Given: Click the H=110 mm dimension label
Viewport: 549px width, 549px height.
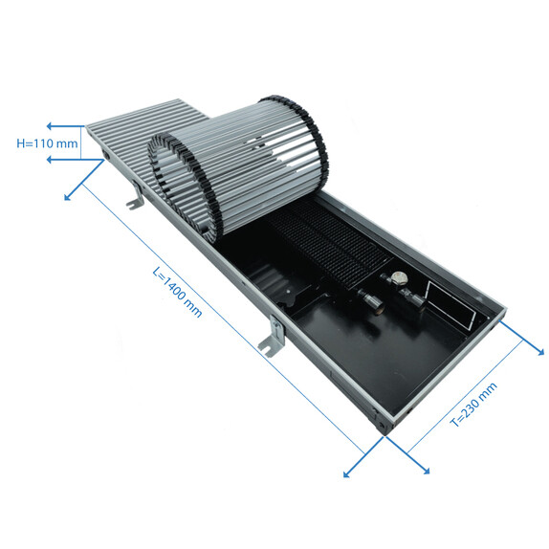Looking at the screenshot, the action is pos(47,143).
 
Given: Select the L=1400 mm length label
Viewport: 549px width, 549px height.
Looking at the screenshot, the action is pos(178,292).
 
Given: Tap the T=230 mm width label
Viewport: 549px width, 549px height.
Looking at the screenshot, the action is pos(473,405).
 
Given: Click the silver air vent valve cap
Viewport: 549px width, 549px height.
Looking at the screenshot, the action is pos(399,278).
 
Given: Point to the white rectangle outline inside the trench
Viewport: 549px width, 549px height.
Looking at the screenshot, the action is pos(451,305).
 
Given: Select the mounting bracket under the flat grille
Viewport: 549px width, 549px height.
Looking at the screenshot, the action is pos(136,195).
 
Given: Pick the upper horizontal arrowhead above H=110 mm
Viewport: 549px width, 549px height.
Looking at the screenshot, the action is pos(50,126).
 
